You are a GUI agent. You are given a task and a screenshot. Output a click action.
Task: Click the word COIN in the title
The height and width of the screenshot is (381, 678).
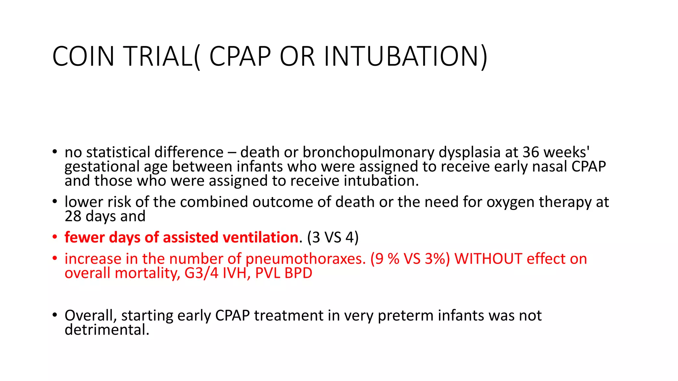pyautogui.click(x=83, y=56)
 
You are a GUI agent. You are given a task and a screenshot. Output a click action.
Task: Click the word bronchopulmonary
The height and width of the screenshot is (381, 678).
pyautogui.click(x=368, y=152)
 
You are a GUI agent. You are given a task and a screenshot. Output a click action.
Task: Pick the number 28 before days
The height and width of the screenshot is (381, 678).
pyautogui.click(x=73, y=216)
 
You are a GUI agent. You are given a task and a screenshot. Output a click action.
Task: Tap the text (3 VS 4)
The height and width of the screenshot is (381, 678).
pyautogui.click(x=333, y=237)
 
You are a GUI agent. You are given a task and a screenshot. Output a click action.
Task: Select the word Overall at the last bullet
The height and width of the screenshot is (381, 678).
pyautogui.click(x=91, y=316)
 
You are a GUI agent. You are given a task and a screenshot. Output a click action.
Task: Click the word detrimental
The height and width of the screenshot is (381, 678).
pyautogui.click(x=107, y=330)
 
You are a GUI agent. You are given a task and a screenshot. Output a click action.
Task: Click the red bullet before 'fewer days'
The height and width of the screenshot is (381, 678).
pyautogui.click(x=55, y=237)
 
